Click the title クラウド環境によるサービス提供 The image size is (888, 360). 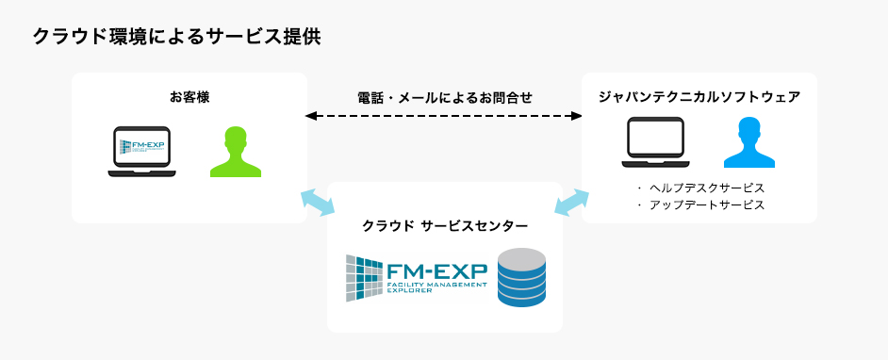point(176,37)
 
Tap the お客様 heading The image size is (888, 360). point(189,96)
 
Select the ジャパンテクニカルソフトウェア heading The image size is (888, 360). point(699,96)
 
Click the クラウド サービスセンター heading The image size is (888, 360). point(445,225)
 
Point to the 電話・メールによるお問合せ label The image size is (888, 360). point(445,97)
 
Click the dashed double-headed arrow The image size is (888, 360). point(445,116)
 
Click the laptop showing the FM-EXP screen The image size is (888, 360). point(141,151)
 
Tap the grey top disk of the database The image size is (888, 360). point(522,257)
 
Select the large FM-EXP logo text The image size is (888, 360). point(438,270)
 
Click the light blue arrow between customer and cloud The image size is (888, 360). point(317,201)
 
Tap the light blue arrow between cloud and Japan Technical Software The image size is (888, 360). point(571,201)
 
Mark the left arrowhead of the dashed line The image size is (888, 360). point(310,116)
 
